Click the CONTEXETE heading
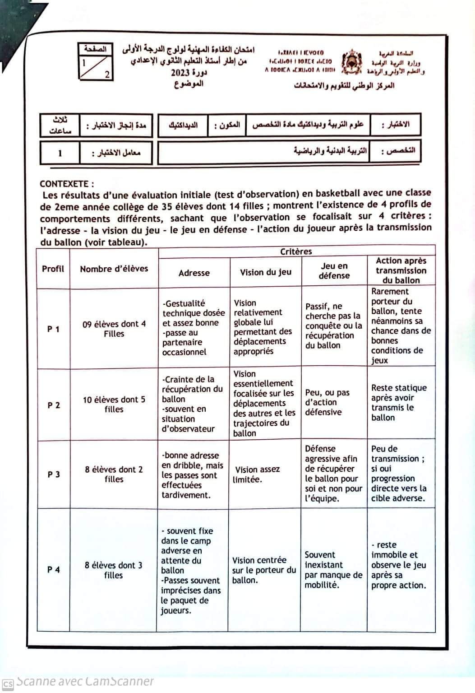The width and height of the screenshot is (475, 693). (67, 184)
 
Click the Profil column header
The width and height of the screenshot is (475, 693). (53, 269)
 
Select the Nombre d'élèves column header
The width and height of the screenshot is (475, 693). (114, 269)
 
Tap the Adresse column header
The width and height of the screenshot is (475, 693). (194, 273)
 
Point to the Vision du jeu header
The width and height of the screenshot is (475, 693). (265, 272)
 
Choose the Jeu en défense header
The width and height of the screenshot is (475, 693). (334, 271)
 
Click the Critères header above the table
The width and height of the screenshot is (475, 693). (296, 251)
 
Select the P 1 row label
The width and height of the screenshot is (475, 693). (53, 329)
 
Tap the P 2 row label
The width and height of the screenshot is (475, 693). (53, 405)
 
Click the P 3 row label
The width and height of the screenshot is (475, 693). (53, 474)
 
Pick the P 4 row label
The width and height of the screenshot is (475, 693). (53, 570)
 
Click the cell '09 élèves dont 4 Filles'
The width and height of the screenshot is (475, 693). (114, 329)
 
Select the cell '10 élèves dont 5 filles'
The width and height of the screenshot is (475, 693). (114, 405)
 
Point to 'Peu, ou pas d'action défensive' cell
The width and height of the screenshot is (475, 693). (327, 402)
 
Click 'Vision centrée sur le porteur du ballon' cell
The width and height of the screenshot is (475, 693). (264, 570)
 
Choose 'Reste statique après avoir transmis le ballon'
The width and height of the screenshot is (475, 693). (398, 403)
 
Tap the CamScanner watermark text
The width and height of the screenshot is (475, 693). (85, 681)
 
